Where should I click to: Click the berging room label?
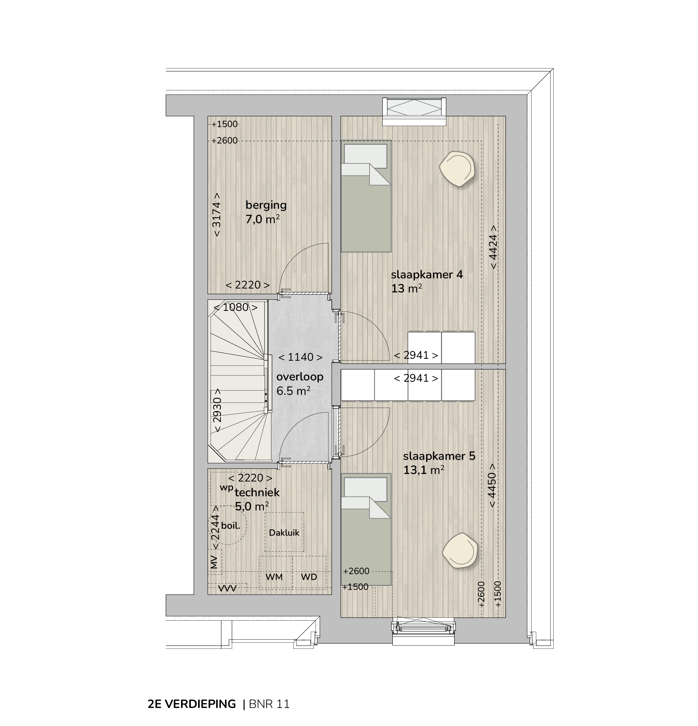pyautogui.click(x=266, y=205)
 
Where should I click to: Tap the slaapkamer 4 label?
pyautogui.click(x=427, y=274)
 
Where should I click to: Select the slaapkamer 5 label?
pyautogui.click(x=439, y=456)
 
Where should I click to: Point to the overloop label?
pyautogui.click(x=300, y=377)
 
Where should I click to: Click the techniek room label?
pyautogui.click(x=257, y=492)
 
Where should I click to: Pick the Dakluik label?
pyautogui.click(x=284, y=533)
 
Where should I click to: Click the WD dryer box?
pyautogui.click(x=309, y=572)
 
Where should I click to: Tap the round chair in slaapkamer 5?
pyautogui.click(x=459, y=550)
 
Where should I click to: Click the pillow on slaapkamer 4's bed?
pyautogui.click(x=366, y=156)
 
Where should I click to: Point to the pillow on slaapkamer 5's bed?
pyautogui.click(x=366, y=489)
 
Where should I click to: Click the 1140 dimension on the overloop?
pyautogui.click(x=300, y=357)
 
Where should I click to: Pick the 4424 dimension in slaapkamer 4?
pyautogui.click(x=493, y=247)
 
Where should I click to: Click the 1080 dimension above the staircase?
pyautogui.click(x=236, y=307)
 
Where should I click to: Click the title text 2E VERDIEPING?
pyautogui.click(x=192, y=704)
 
